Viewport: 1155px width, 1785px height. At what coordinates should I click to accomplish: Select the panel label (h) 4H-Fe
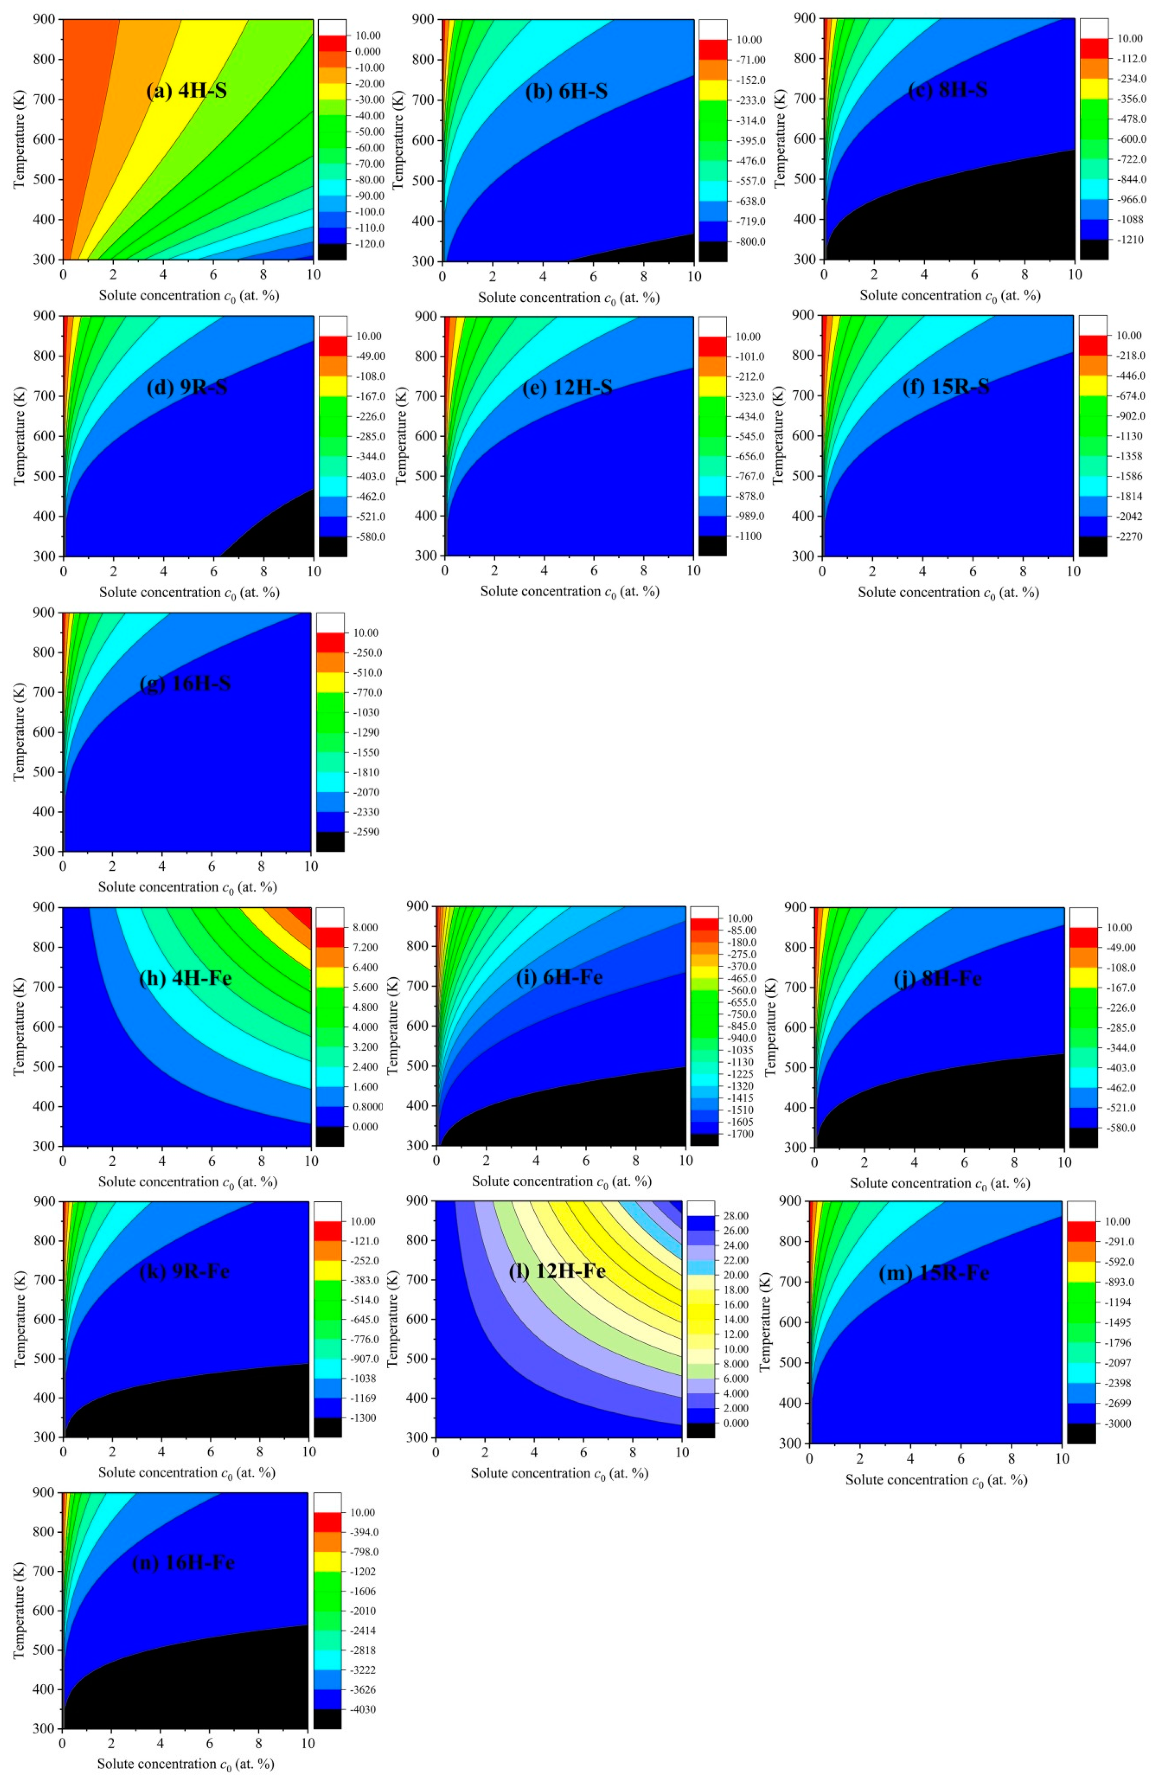pyautogui.click(x=185, y=979)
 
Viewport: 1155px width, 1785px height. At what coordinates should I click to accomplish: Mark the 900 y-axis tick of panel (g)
pyautogui.click(x=44, y=613)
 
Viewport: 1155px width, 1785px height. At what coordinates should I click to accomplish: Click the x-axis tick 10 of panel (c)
pyautogui.click(x=1075, y=274)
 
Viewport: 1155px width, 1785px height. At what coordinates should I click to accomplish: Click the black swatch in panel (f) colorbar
pyautogui.click(x=1093, y=546)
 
